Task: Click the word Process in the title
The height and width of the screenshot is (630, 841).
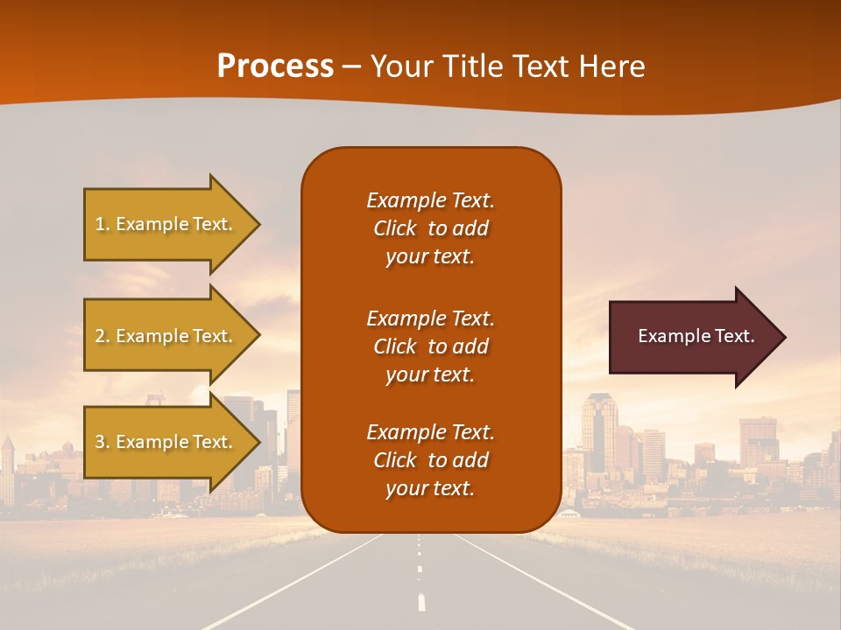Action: [x=275, y=66]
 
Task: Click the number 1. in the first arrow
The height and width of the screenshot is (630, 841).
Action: [x=102, y=224]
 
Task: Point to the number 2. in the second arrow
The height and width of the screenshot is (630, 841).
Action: [x=102, y=336]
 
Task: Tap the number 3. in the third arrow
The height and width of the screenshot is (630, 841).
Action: [x=102, y=442]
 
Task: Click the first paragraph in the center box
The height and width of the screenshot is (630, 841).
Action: [x=430, y=228]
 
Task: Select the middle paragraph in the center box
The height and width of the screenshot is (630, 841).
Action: [x=430, y=346]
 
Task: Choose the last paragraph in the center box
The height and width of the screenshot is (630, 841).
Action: [x=430, y=460]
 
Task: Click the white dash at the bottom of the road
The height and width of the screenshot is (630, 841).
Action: [x=421, y=602]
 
